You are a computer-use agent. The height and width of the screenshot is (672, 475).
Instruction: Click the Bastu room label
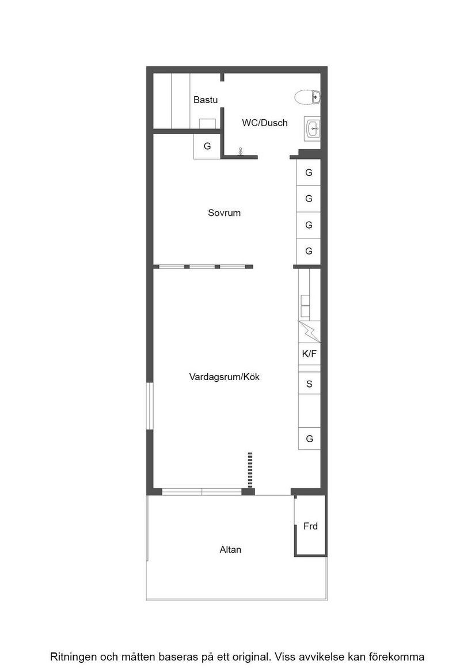[206, 100]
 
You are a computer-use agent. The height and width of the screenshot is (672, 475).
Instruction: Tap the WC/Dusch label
[264, 123]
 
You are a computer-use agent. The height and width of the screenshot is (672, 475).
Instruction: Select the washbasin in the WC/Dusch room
[312, 129]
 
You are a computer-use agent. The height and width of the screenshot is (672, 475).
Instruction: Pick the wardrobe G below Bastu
[207, 146]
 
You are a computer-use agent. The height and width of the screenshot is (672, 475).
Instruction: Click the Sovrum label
[224, 212]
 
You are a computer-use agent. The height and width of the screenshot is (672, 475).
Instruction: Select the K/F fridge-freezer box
[309, 354]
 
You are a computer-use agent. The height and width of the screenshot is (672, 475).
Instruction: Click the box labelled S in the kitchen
[309, 384]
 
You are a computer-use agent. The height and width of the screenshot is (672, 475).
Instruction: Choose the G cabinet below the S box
[309, 439]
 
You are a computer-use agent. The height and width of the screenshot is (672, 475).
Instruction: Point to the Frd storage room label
[310, 526]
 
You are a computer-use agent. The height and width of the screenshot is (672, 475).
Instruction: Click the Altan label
[230, 549]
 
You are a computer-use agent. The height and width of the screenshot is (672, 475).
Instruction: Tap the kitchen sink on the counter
[305, 306]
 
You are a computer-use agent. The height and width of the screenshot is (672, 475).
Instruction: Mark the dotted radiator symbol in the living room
[250, 470]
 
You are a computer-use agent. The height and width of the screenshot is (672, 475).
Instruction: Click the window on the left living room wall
[150, 405]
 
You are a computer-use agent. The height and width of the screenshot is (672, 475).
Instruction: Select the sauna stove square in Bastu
[207, 123]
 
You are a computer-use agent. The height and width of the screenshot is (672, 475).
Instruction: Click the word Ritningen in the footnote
[74, 656]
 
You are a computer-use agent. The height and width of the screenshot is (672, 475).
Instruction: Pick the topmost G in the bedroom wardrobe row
[309, 172]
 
